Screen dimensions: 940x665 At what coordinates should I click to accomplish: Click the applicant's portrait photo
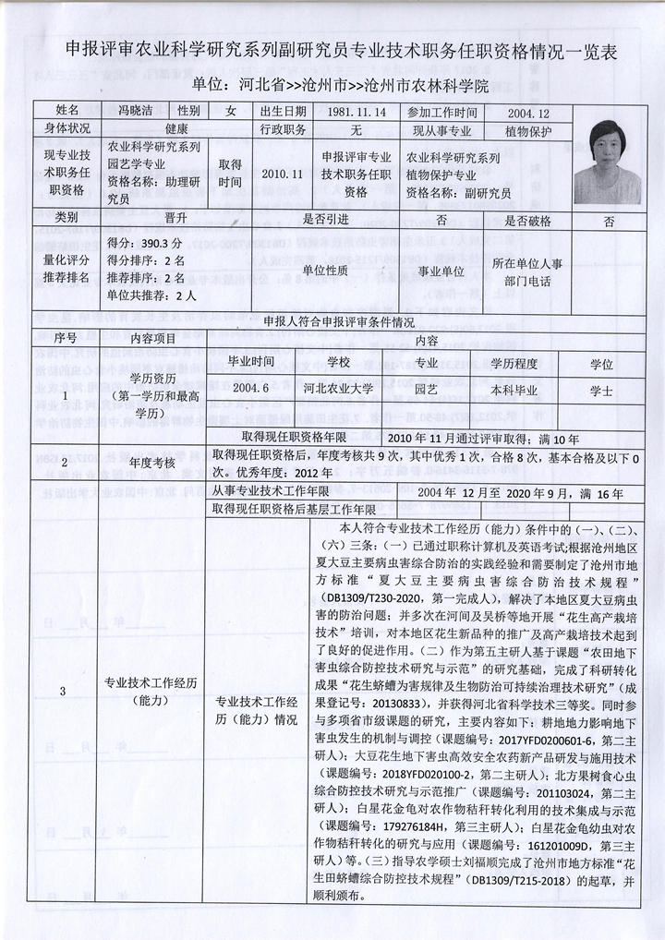pyautogui.click(x=609, y=161)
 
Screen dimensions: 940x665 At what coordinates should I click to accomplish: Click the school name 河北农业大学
pyautogui.click(x=338, y=390)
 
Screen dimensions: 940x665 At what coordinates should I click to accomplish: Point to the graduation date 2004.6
pyautogui.click(x=252, y=390)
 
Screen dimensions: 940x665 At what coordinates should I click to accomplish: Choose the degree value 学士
pyautogui.click(x=601, y=390)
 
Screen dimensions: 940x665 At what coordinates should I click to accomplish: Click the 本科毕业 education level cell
pyautogui.click(x=514, y=390)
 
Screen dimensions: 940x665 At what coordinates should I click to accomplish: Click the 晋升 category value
pyautogui.click(x=175, y=220)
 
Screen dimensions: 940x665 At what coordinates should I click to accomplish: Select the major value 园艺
pyautogui.click(x=426, y=390)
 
